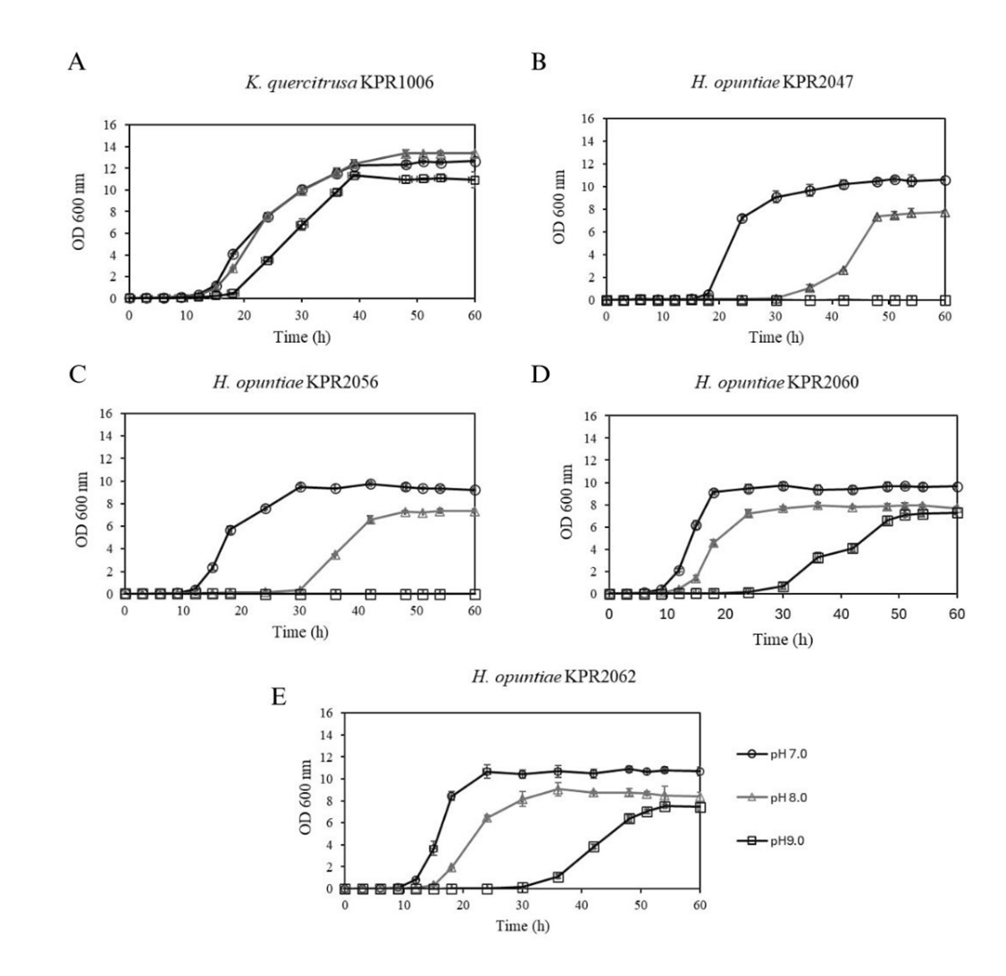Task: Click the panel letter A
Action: tap(77, 63)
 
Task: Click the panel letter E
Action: tap(279, 696)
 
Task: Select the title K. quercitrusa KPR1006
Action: tap(340, 84)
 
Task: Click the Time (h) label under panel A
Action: tap(301, 338)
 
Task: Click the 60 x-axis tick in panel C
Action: tap(474, 611)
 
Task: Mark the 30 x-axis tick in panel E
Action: tap(523, 905)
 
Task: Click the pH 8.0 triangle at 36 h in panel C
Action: tap(335, 555)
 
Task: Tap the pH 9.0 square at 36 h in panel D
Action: tap(817, 557)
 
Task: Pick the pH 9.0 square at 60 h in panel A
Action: tap(474, 179)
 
